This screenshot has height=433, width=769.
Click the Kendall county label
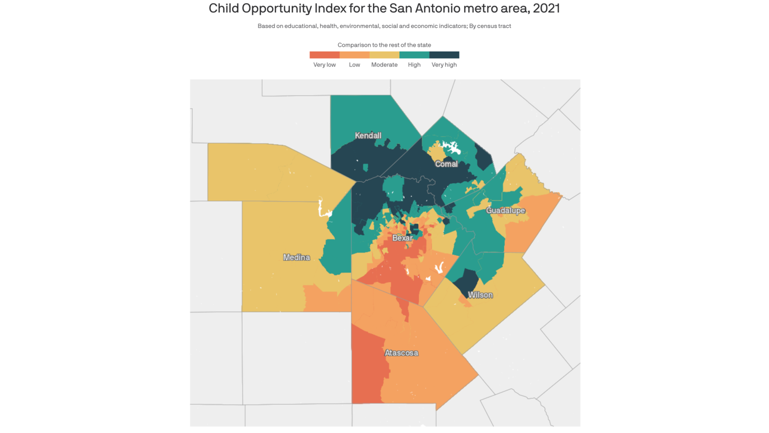pyautogui.click(x=368, y=136)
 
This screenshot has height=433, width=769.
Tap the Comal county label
pyautogui.click(x=446, y=164)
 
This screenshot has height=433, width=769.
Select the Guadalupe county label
pyautogui.click(x=505, y=210)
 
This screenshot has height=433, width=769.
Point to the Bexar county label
pyautogui.click(x=402, y=238)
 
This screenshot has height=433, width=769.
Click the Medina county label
pyautogui.click(x=296, y=257)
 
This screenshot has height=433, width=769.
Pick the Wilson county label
pyautogui.click(x=480, y=295)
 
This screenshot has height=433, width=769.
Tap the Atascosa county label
pyautogui.click(x=401, y=353)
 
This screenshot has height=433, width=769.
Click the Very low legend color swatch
pyautogui.click(x=324, y=55)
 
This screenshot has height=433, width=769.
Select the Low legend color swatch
pyautogui.click(x=354, y=55)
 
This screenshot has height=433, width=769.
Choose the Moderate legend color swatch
pyautogui.click(x=384, y=55)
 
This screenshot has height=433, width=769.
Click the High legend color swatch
pyautogui.click(x=414, y=55)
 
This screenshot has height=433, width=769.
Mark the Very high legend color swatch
pyautogui.click(x=444, y=55)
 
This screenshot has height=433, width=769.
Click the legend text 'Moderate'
pyautogui.click(x=384, y=65)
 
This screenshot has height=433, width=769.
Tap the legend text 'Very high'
pyautogui.click(x=444, y=65)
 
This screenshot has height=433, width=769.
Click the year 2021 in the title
pyautogui.click(x=546, y=8)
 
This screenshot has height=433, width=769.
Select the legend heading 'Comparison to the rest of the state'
pyautogui.click(x=384, y=45)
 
